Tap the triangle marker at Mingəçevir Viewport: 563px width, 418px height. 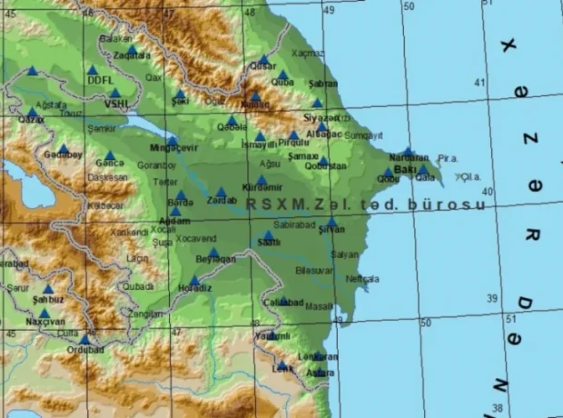pos(171,141)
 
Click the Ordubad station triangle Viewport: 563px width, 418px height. pos(84,340)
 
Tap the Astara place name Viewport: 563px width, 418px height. pos(320,373)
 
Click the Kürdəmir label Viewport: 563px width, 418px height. pos(260,188)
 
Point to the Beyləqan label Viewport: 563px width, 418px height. pos(214,260)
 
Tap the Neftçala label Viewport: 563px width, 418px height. pos(362,279)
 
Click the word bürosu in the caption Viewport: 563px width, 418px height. pos(446,204)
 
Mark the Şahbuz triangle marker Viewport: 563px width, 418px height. pos(48,289)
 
